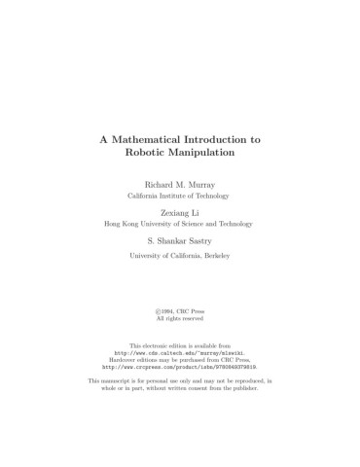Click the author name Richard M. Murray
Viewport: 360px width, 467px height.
pos(180,184)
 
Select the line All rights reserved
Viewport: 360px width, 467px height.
pos(180,318)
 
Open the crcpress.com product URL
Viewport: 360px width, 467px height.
pos(180,366)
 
